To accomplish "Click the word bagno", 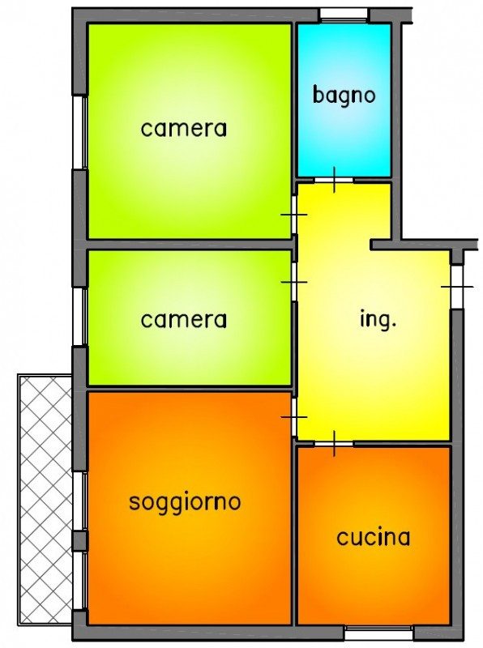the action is click(x=344, y=96).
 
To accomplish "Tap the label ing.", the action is click(x=378, y=319).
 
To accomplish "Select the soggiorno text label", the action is click(x=185, y=503).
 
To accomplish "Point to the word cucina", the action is click(x=374, y=537).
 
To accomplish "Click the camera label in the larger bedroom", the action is click(x=184, y=129).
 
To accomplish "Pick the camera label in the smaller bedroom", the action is click(x=184, y=320).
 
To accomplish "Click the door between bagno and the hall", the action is click(x=335, y=180).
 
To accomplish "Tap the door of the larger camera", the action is click(x=294, y=215).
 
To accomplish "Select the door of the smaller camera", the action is click(x=294, y=282).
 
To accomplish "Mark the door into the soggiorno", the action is click(x=294, y=417).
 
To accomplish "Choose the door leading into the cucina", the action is click(x=334, y=444).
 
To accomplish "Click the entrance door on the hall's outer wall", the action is click(x=456, y=287).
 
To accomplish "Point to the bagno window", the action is click(x=344, y=15).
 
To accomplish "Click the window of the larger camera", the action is click(x=79, y=132).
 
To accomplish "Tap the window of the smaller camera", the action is click(x=79, y=317).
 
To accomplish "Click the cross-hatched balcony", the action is click(x=45, y=500).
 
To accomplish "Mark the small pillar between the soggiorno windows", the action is click(x=79, y=541).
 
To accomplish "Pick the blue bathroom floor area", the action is click(x=344, y=100).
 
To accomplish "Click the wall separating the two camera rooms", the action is click(x=190, y=245).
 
